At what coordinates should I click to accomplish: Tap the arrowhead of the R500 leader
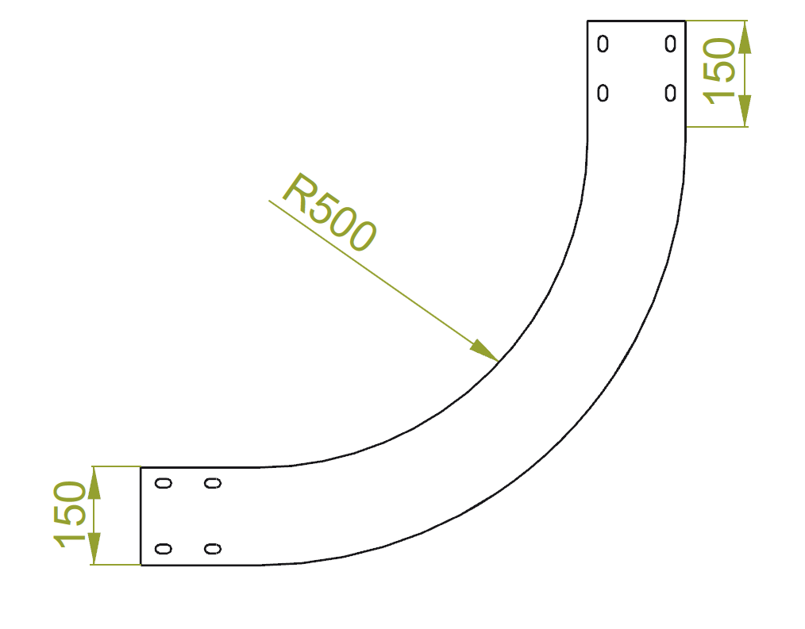pos(486,352)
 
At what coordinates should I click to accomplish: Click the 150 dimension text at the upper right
pos(721,72)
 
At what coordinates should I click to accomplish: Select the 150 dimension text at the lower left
pos(70,516)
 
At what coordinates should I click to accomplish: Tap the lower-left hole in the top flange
pos(603,94)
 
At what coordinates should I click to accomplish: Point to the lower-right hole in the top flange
pos(671,94)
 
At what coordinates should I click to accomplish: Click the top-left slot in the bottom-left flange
pos(164,483)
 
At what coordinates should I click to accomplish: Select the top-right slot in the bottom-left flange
pos(212,483)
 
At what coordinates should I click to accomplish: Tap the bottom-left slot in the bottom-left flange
pos(164,548)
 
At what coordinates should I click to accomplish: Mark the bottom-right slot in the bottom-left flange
pos(212,548)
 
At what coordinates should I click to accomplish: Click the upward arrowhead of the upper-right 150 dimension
pos(745,36)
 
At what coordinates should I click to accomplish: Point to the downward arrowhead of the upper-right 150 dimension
pos(745,111)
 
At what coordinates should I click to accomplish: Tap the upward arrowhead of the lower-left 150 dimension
pos(94,482)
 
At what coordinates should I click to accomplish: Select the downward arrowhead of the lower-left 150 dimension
pos(94,550)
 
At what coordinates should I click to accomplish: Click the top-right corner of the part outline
pos(684,21)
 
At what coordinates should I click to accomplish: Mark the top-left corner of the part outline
pos(587,21)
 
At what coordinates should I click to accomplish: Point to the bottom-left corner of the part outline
pos(141,565)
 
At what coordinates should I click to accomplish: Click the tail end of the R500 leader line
pos(269,201)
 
